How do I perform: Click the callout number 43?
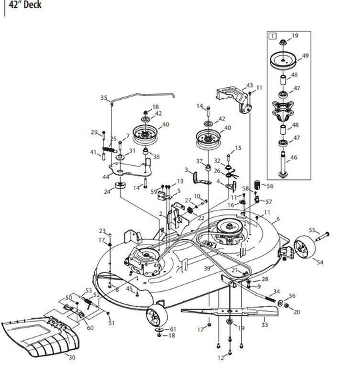(250, 86)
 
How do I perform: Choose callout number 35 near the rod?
(103, 98)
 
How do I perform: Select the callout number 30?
(72, 358)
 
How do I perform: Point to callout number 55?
(312, 229)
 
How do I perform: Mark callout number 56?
(270, 186)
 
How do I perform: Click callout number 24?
(107, 192)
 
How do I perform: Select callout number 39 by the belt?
(207, 266)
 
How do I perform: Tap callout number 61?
(173, 329)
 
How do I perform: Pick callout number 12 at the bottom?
(221, 358)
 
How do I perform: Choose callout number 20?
(297, 312)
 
